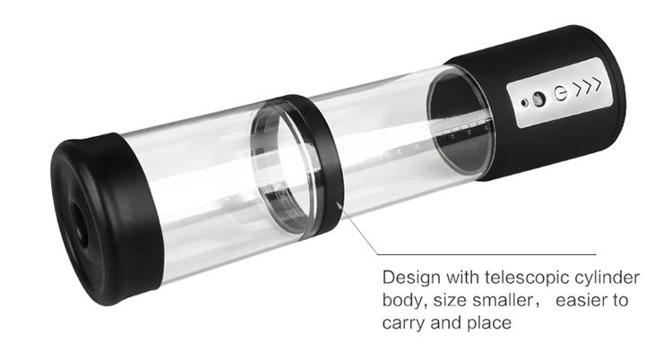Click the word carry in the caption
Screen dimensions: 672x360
tap(403, 323)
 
